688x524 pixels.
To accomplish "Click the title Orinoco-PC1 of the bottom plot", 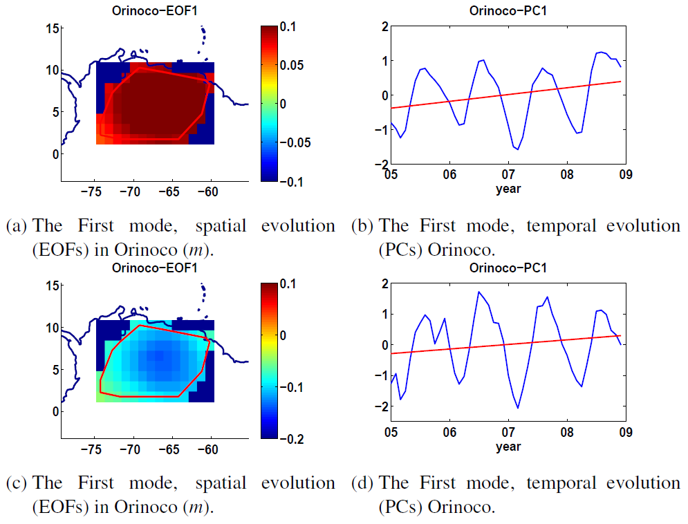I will tap(508, 268).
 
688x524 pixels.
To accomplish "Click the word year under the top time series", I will tap(508, 189).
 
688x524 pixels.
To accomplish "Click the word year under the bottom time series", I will tap(508, 446).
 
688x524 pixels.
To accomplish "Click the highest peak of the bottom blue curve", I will tap(478, 292).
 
